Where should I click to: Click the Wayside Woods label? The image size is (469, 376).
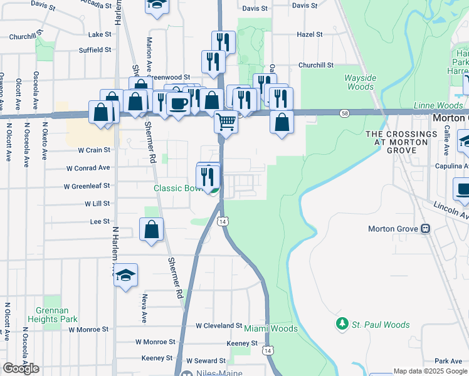[360, 83]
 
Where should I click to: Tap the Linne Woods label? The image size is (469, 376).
[438, 106]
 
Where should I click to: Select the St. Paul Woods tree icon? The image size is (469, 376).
[342, 324]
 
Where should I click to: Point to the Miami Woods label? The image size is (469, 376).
[271, 328]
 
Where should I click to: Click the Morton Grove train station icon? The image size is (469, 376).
[426, 229]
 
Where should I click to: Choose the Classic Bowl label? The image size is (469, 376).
[177, 188]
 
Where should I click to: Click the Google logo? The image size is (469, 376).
[21, 368]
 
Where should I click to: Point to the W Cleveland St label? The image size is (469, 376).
[219, 326]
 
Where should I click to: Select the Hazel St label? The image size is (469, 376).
[310, 34]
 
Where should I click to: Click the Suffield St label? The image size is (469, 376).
[95, 50]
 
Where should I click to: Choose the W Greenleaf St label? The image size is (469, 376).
[87, 186]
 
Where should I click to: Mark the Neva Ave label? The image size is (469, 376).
[144, 308]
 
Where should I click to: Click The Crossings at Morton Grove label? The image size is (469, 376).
[401, 138]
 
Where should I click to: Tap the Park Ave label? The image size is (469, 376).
[448, 362]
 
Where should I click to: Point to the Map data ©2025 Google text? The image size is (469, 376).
[430, 371]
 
